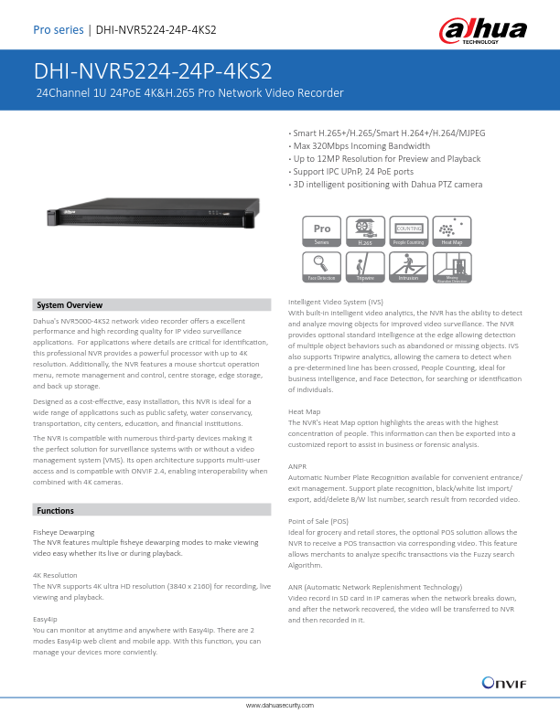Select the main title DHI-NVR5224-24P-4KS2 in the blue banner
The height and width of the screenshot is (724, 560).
click(x=153, y=71)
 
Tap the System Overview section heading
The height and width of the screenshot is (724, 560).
click(x=70, y=304)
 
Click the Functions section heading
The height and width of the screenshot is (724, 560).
click(x=57, y=509)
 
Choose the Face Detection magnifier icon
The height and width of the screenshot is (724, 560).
click(x=322, y=266)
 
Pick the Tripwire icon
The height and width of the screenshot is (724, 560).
click(x=365, y=266)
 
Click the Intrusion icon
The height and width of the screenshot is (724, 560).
click(x=408, y=266)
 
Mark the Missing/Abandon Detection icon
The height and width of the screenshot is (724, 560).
click(x=451, y=266)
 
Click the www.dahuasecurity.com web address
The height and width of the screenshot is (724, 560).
click(x=280, y=706)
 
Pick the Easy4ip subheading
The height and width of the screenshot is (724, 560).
click(x=47, y=619)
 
